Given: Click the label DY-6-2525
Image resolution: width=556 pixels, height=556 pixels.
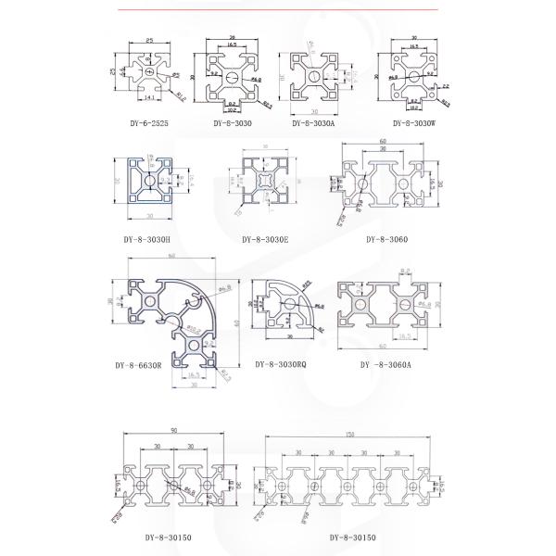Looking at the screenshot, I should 149,122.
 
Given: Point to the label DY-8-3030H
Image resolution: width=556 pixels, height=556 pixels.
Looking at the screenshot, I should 148,238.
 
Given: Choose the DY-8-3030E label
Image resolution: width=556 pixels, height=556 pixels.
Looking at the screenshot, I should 265,238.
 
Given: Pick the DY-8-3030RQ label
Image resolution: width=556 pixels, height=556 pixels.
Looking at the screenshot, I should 281,364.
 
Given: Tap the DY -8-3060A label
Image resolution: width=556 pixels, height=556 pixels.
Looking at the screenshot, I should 387,364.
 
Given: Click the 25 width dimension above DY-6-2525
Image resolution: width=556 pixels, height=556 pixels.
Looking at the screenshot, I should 147,42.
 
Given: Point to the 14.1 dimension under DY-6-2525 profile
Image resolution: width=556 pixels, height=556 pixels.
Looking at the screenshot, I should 147,95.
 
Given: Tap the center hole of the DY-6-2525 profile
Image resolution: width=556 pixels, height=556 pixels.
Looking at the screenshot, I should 148,69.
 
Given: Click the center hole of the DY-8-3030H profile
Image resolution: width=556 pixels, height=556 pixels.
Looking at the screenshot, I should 148,179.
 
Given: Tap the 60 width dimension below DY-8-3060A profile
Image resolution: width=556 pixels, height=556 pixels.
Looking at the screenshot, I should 382,347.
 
